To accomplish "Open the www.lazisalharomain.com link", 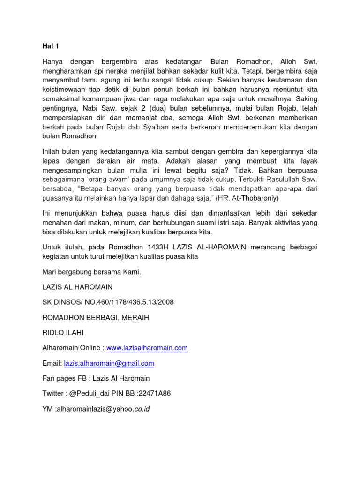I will click(147, 348).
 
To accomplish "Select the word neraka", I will click(128, 71).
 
